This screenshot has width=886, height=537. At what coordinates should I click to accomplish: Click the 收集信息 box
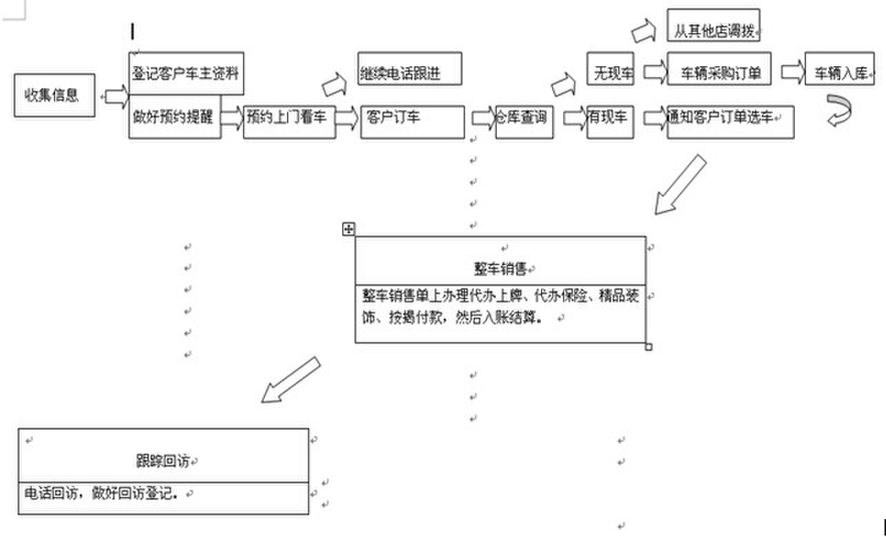[55, 95]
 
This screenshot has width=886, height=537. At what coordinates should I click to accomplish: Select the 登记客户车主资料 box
[186, 74]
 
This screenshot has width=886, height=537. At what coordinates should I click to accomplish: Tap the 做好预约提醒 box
[175, 117]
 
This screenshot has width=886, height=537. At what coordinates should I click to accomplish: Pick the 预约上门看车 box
[290, 122]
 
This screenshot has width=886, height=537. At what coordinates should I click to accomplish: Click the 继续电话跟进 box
[410, 68]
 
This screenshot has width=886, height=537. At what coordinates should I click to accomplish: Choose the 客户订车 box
[413, 122]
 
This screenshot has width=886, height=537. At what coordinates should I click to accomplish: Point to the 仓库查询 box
[524, 122]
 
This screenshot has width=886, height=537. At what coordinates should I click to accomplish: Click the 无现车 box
[610, 68]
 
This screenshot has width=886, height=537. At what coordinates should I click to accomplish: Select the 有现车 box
[610, 122]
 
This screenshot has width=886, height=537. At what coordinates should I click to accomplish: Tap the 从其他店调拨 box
[713, 25]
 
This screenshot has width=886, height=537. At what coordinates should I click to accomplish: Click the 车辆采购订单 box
[719, 68]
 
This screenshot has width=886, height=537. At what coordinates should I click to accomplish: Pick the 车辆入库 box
[840, 68]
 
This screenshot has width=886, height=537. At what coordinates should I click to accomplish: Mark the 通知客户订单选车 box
[731, 122]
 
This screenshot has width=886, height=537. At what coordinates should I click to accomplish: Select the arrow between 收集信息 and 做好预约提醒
[117, 96]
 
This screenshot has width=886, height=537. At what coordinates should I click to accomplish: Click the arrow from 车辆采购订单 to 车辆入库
[793, 72]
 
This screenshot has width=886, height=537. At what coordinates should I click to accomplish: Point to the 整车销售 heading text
[500, 269]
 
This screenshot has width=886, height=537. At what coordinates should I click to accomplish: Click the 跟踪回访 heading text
[163, 460]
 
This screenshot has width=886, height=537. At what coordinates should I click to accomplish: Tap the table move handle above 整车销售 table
[348, 228]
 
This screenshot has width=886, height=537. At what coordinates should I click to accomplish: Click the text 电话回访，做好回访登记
[101, 493]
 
